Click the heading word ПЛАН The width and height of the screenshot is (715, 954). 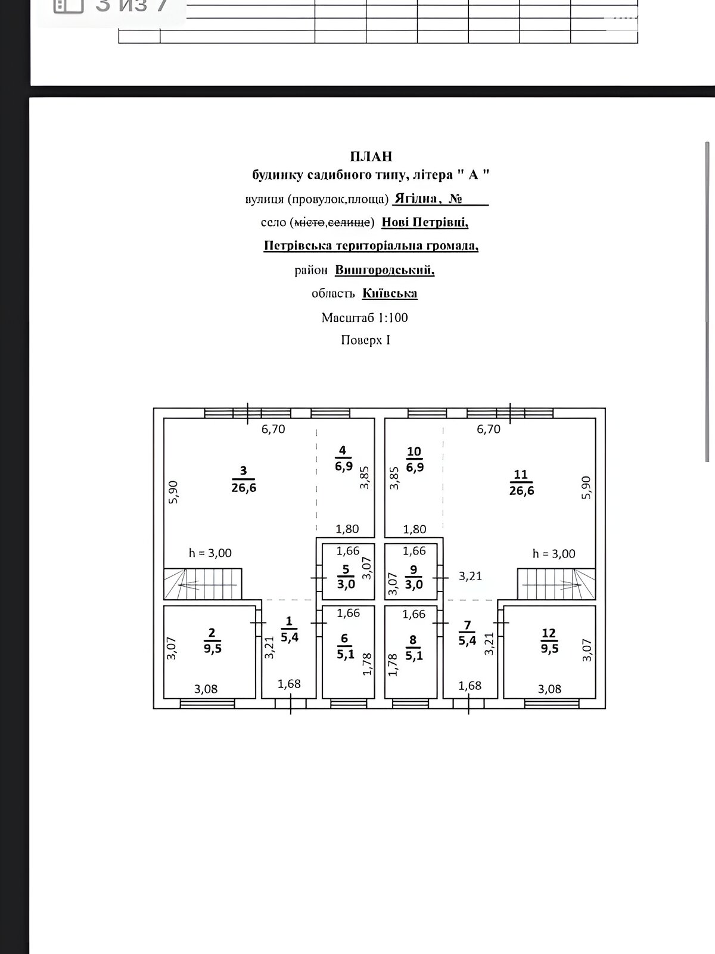371,156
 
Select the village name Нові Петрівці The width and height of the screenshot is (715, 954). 424,222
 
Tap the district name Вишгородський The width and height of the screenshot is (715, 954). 384,270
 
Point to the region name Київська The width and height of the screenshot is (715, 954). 390,293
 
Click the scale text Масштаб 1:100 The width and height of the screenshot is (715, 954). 365,317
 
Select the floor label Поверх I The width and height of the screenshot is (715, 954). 365,340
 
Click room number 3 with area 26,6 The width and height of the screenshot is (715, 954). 244,479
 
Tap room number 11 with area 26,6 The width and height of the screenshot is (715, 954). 521,482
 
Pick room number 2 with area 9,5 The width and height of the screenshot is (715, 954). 213,641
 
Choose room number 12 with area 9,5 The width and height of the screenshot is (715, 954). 549,641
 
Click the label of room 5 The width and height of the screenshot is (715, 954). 346,577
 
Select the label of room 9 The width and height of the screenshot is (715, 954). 414,577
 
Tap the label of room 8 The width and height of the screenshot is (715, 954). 414,646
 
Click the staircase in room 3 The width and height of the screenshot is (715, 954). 203,583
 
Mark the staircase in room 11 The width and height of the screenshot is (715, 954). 556,583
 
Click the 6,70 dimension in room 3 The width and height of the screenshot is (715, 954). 273,429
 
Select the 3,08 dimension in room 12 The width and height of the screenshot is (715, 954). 549,689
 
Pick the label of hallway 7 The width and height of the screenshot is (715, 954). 468,633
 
